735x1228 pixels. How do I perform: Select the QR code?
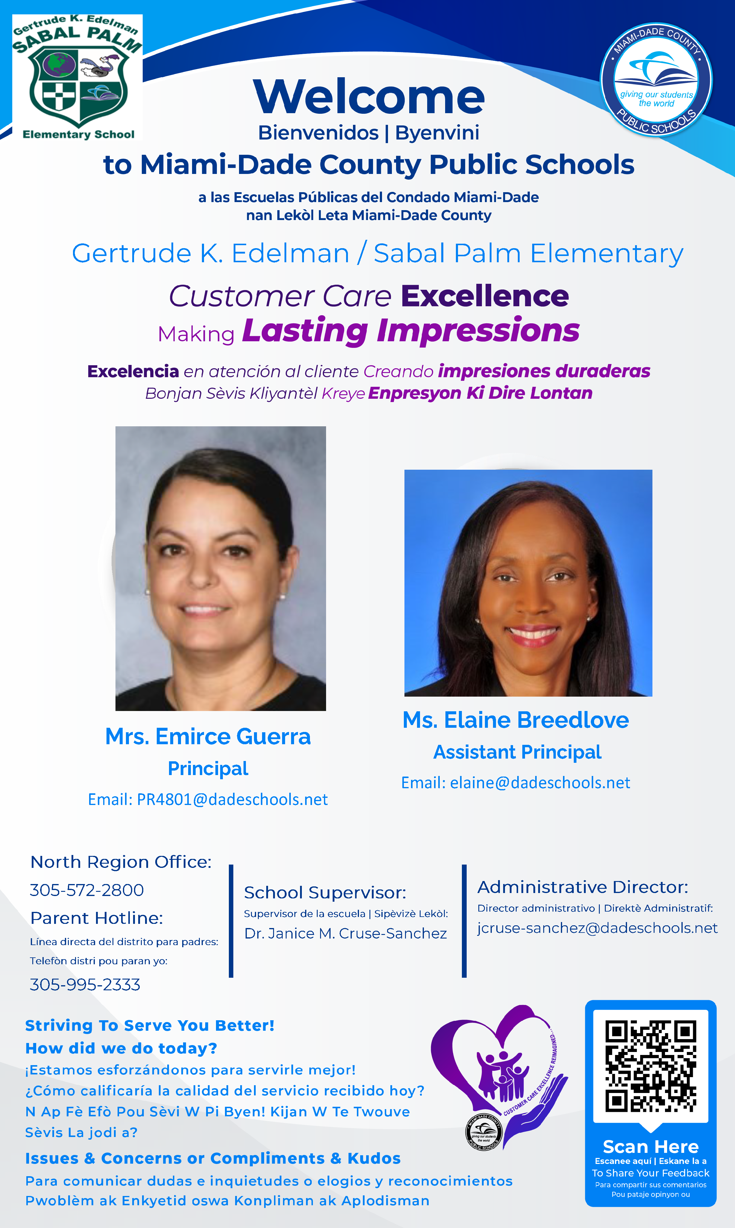tap(651, 1065)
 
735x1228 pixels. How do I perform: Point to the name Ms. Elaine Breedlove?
tap(516, 720)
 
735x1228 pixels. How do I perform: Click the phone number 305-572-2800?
tap(87, 890)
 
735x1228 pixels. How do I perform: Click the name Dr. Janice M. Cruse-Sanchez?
tap(346, 934)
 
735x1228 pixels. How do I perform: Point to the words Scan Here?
tap(651, 1147)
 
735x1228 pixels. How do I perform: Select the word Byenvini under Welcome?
tap(437, 133)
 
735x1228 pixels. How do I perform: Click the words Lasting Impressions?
tap(411, 331)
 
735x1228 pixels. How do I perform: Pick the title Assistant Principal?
tap(517, 752)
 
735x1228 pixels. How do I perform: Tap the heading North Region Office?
tap(121, 862)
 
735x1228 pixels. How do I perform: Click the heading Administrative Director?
tap(582, 887)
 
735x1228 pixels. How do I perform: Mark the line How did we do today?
tap(121, 1049)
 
